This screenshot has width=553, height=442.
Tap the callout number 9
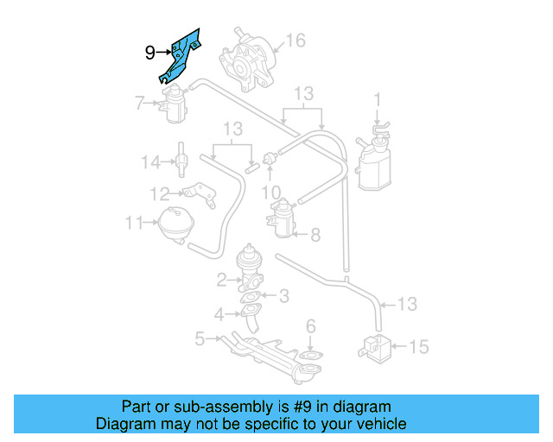(x=149, y=53)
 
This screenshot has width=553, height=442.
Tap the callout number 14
(x=151, y=161)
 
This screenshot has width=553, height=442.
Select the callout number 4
(x=219, y=313)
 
